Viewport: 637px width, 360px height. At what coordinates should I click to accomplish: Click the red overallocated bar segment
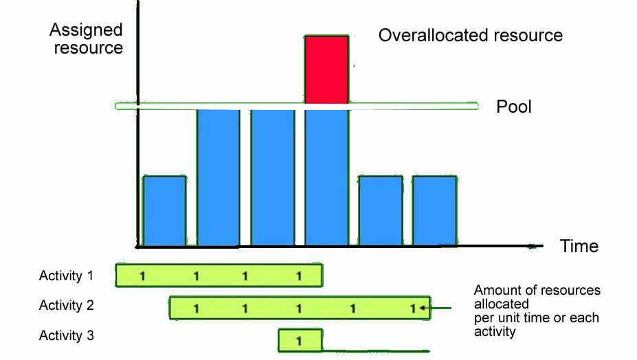pyautogui.click(x=327, y=69)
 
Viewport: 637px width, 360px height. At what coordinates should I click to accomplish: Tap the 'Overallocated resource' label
pyautogui.click(x=471, y=35)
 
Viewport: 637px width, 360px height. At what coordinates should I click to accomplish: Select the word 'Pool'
pyautogui.click(x=515, y=107)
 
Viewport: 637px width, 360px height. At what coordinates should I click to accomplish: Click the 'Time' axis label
pyautogui.click(x=579, y=246)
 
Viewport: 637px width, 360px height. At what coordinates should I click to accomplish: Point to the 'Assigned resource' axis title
pyautogui.click(x=86, y=39)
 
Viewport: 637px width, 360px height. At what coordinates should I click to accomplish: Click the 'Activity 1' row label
pyautogui.click(x=67, y=276)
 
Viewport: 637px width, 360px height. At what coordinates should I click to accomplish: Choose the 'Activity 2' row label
pyautogui.click(x=67, y=306)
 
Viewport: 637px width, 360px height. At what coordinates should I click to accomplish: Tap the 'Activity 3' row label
pyautogui.click(x=67, y=336)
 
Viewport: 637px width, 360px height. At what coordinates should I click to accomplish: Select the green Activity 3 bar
pyautogui.click(x=300, y=340)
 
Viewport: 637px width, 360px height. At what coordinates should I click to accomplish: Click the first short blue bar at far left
pyautogui.click(x=164, y=211)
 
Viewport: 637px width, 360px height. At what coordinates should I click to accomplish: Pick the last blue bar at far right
pyautogui.click(x=434, y=211)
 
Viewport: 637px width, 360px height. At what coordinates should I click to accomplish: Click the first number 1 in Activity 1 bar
pyautogui.click(x=142, y=276)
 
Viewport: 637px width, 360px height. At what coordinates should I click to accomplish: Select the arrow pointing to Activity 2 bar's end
pyautogui.click(x=440, y=308)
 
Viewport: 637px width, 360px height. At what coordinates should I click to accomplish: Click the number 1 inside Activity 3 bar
pyautogui.click(x=299, y=340)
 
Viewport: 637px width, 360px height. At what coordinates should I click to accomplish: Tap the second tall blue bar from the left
pyautogui.click(x=272, y=177)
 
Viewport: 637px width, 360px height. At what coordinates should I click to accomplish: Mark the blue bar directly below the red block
pyautogui.click(x=327, y=177)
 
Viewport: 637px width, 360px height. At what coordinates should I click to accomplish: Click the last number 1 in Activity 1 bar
pyautogui.click(x=299, y=276)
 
